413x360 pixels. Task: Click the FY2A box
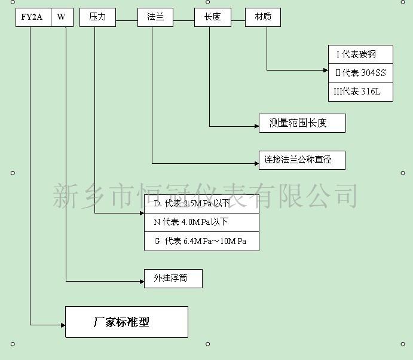(x=33, y=17)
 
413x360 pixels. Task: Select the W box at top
(x=62, y=17)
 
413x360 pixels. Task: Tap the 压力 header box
(x=97, y=17)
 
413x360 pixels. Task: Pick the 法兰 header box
(x=155, y=17)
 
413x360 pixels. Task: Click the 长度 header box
(x=213, y=17)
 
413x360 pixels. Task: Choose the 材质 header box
(x=263, y=17)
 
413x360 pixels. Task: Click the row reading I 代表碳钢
(x=360, y=54)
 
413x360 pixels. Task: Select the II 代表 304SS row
(x=360, y=74)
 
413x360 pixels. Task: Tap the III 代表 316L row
(x=360, y=92)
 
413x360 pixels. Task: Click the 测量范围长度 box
(x=302, y=123)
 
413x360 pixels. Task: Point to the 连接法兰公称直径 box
(x=302, y=160)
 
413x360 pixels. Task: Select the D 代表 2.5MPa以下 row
(x=202, y=204)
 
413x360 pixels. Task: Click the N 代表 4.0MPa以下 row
(x=202, y=222)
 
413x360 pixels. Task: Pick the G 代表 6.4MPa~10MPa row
(x=202, y=241)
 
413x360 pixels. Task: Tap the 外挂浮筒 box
(x=173, y=279)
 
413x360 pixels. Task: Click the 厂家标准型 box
(x=127, y=322)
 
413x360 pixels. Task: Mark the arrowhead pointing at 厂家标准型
(x=63, y=325)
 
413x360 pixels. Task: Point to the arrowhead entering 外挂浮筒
(x=142, y=282)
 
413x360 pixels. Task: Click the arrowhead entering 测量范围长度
(x=257, y=126)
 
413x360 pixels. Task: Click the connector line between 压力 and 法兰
(x=127, y=20)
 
